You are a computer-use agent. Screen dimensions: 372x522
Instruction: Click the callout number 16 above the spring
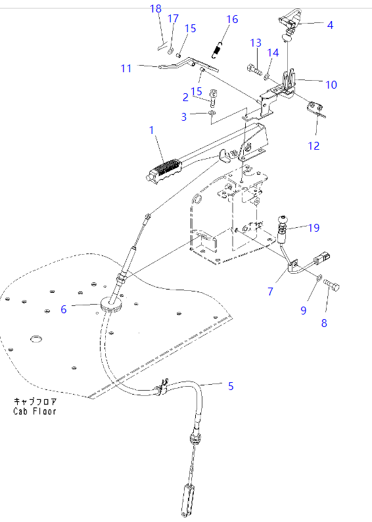click(232, 19)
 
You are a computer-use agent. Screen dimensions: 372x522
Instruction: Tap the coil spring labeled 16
click(217, 51)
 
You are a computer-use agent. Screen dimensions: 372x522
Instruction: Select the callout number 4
click(330, 25)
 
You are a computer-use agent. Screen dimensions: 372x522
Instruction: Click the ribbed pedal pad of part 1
click(165, 169)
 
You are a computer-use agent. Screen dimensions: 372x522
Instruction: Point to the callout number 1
click(152, 130)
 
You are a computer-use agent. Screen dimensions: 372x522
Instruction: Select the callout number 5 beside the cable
click(231, 386)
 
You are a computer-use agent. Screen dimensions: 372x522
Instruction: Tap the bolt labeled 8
click(331, 284)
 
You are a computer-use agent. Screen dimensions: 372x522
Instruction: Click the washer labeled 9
click(318, 277)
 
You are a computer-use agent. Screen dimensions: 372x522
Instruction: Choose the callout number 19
click(314, 228)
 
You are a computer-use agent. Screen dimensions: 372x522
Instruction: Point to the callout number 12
click(314, 146)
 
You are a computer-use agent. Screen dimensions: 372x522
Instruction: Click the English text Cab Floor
click(35, 411)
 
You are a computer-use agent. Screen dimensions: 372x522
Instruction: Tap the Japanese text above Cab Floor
click(35, 401)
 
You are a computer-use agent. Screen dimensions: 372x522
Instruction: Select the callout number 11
click(126, 68)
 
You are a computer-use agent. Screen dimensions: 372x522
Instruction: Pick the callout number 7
click(270, 292)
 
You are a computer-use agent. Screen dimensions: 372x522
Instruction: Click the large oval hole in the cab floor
click(36, 339)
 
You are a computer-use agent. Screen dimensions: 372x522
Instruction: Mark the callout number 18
click(156, 9)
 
